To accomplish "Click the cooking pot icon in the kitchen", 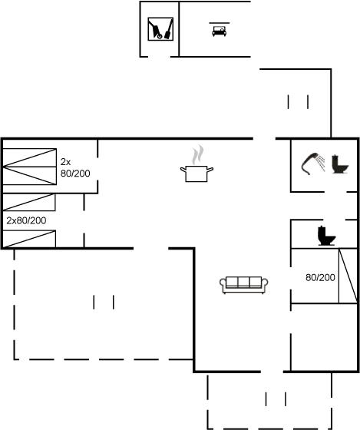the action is click(x=197, y=174).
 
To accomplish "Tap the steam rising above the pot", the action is click(x=198, y=155).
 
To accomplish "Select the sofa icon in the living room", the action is click(x=244, y=285).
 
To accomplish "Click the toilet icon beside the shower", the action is click(x=340, y=164).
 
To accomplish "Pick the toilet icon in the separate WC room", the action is click(x=326, y=236).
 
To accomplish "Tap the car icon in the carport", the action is click(x=219, y=31).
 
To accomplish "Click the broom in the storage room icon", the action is click(x=168, y=29).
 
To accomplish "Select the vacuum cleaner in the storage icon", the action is click(x=155, y=29).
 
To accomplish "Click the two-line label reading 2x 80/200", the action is click(x=75, y=167).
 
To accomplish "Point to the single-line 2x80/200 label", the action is click(x=26, y=220).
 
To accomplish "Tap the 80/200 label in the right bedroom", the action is click(x=320, y=277).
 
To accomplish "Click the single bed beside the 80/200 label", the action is click(x=348, y=276).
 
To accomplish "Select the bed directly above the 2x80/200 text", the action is click(x=29, y=203).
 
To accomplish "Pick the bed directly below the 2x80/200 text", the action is click(x=29, y=239).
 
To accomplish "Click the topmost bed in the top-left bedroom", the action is click(x=29, y=157).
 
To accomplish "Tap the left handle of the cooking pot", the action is click(x=183, y=170).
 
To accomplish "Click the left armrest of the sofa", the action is click(x=223, y=284).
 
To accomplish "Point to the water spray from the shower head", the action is click(x=321, y=162).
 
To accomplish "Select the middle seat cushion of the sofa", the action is click(x=244, y=282).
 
